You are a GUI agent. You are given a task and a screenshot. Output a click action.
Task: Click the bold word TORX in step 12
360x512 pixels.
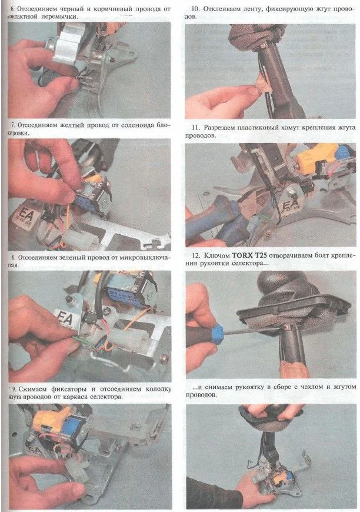(x=244, y=255)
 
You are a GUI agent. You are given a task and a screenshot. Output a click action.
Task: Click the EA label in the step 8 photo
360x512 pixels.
(x=64, y=317)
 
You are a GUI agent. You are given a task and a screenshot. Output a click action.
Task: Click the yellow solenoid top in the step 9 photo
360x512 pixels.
(x=51, y=418)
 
